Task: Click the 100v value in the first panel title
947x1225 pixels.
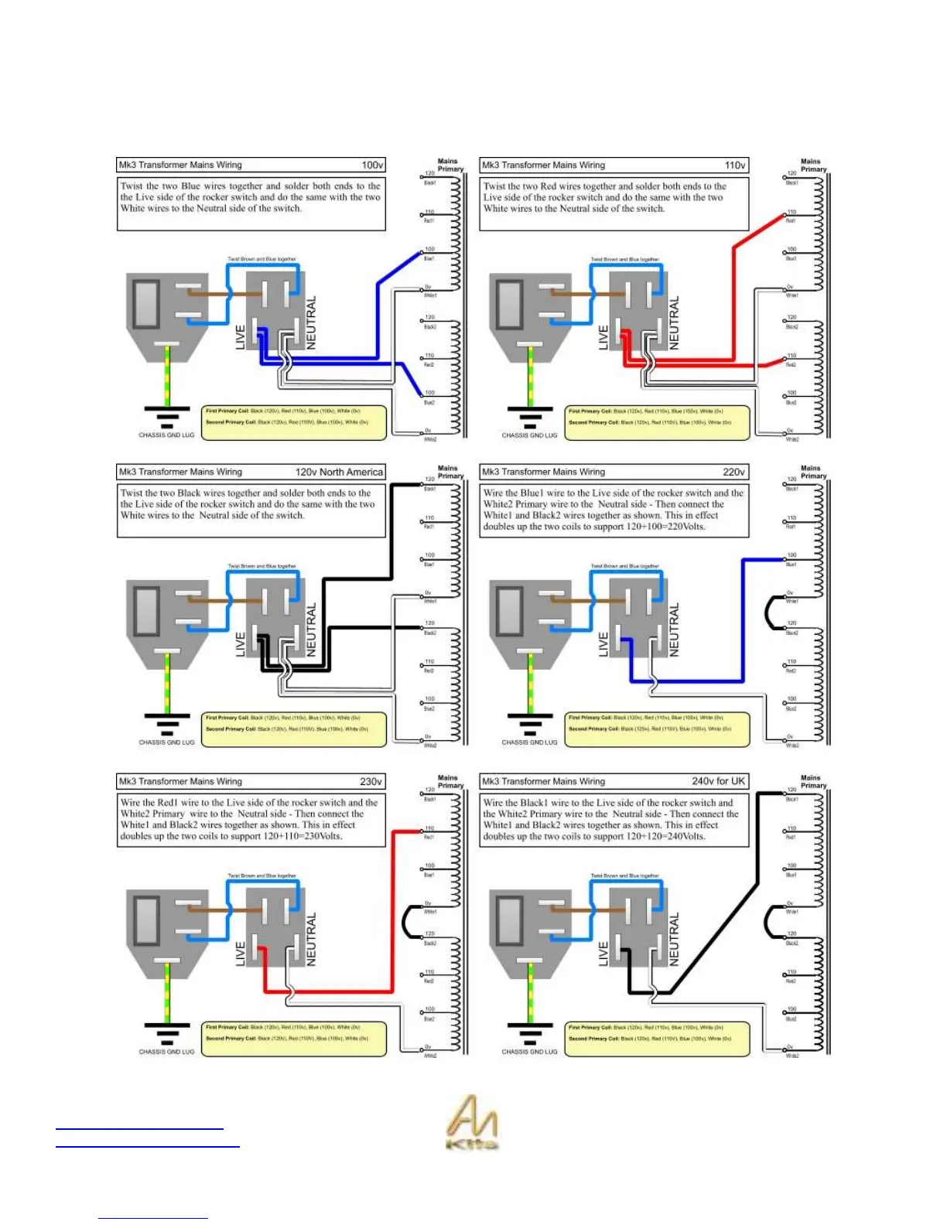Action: point(372,165)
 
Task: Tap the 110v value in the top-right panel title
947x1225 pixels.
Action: point(735,165)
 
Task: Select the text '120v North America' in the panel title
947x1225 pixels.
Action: point(339,472)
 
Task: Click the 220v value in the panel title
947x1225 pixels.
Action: point(733,472)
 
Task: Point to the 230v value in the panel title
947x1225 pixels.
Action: point(371,781)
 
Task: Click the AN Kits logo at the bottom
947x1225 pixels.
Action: point(472,1122)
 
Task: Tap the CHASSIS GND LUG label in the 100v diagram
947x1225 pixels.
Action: point(166,435)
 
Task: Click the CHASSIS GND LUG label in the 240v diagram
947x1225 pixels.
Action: point(529,1052)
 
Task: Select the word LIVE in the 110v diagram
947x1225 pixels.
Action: point(603,337)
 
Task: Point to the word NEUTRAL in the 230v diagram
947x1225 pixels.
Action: point(312,939)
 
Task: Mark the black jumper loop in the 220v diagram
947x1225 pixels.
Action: point(768,612)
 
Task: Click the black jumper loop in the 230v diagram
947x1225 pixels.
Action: point(406,921)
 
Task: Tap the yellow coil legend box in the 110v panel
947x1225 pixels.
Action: point(657,422)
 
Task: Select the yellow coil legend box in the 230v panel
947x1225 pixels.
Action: point(294,1039)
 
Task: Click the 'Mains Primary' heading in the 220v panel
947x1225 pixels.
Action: point(812,472)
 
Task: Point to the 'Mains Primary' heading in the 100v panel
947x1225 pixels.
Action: point(450,165)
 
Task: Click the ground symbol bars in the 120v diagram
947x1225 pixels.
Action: point(166,725)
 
